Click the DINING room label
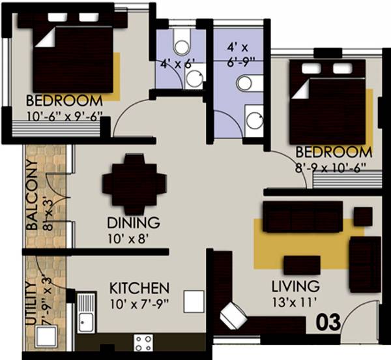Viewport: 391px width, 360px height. pos(134,223)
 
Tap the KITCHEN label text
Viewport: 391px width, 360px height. pos(139,288)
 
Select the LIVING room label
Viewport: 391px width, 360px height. pos(296,286)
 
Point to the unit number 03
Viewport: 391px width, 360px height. pos(328,322)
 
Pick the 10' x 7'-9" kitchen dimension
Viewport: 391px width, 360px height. pos(139,303)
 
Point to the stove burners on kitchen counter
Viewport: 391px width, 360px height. pos(143,342)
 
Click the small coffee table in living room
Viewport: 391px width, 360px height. pos(302,265)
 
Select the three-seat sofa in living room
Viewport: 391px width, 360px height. pos(302,216)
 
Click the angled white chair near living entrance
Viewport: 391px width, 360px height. pos(233,317)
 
